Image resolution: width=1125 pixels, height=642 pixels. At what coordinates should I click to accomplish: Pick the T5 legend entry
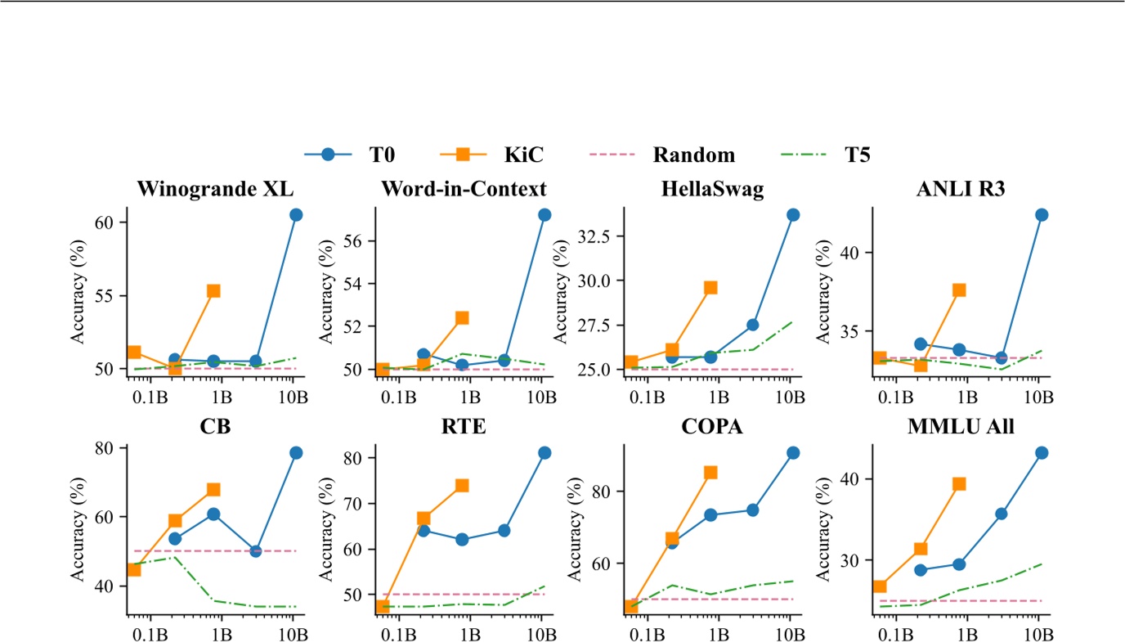[x=826, y=155]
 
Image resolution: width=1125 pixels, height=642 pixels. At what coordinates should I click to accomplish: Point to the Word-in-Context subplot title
[x=464, y=189]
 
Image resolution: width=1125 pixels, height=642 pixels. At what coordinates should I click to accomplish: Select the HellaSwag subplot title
[x=712, y=189]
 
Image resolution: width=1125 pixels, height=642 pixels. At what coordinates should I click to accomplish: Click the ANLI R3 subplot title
[x=961, y=189]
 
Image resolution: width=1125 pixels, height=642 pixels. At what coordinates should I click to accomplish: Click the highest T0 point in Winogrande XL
[x=296, y=214]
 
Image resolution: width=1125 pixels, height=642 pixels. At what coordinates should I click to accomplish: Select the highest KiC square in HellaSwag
[x=710, y=288]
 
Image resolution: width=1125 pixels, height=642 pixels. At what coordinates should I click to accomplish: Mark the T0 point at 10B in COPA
[x=793, y=453]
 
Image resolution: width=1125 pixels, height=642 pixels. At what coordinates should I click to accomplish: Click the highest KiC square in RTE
[x=461, y=486]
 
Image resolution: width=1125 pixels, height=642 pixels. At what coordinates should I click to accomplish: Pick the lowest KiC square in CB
[x=133, y=569]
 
